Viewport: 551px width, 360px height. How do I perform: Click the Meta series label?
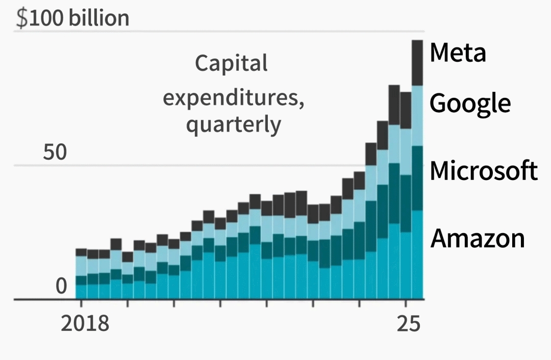point(458,53)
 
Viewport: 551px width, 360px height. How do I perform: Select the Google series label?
point(470,104)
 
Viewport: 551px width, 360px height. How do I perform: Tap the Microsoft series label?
point(483,170)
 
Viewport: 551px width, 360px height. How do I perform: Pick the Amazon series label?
point(478,238)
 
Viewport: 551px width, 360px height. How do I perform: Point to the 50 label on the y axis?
point(55,152)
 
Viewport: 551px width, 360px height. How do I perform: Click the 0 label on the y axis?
point(61,287)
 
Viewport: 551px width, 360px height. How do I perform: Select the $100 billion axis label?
point(73,18)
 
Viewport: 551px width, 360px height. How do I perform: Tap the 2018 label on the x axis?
point(85,323)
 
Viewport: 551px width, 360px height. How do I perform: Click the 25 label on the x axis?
point(408,323)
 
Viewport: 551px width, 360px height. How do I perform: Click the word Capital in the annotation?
point(231,64)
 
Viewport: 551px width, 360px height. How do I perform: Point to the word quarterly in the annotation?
point(233,124)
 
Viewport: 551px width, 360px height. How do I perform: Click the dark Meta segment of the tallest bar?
point(417,63)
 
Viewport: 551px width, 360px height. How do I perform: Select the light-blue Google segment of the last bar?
point(417,116)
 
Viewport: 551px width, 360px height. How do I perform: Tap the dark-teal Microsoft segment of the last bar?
point(417,178)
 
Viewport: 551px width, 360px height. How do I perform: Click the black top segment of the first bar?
point(81,252)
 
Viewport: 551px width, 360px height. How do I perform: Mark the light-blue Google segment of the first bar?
point(81,266)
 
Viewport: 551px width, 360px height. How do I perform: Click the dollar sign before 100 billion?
point(21,18)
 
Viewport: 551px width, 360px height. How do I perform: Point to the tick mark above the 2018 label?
point(81,303)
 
